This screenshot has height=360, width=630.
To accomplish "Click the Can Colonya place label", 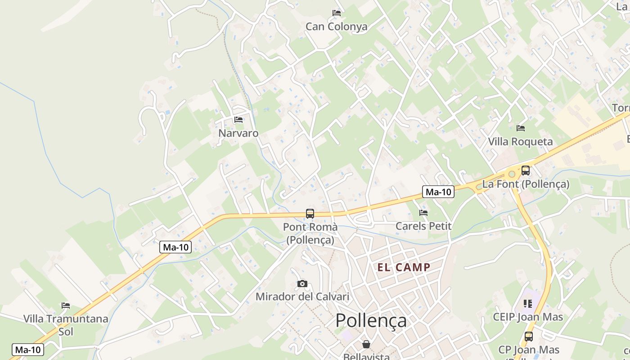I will coord(336,27).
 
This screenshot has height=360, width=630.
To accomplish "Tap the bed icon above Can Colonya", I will coord(336,13).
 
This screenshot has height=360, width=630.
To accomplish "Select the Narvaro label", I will coord(238,133).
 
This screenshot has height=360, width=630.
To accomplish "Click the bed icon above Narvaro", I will coord(238,119).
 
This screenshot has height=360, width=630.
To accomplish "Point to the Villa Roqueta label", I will coord(520,142).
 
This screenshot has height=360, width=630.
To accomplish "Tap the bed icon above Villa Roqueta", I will coord(521,128).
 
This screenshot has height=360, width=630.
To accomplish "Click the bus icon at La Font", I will coord(525,171).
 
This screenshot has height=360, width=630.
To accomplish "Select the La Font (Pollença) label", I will coord(526,184).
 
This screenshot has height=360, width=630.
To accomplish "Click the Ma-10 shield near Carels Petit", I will coord(438,192).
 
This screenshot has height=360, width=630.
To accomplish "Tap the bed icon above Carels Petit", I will coord(423,212).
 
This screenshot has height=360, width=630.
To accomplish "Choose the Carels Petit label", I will coord(423,226).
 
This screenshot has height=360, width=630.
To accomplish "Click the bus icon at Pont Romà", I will coord(310,214).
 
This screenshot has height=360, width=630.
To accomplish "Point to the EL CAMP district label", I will coord(404,267).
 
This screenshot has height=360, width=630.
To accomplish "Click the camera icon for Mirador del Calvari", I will coord(302,283).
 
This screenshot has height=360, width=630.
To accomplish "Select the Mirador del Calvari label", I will coord(302,297).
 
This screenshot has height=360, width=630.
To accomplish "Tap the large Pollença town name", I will coord(371,321).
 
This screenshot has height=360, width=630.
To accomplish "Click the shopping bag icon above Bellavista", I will coord(366,344).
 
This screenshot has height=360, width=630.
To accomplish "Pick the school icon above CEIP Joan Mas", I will coord(528,304).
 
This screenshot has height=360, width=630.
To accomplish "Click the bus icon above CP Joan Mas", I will coord(529,336).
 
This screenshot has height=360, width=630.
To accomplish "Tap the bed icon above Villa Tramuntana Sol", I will coord(66,306).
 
